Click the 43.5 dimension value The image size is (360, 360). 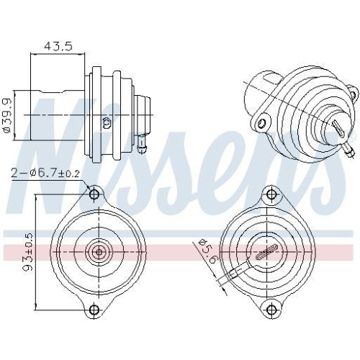(x=59, y=45)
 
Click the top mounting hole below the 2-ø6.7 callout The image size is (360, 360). (x=94, y=194)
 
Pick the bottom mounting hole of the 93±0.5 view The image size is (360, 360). (x=94, y=310)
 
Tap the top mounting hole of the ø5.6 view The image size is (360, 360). (x=269, y=194)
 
